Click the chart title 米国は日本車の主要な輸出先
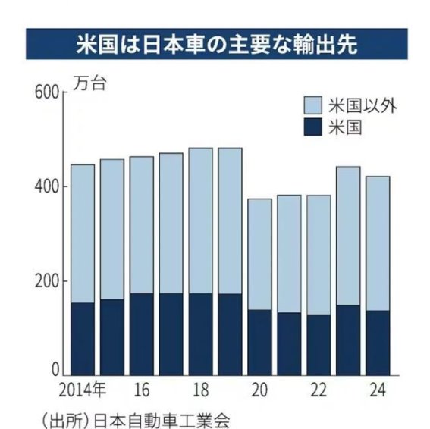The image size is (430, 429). (217, 45)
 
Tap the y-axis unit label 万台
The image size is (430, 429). (89, 84)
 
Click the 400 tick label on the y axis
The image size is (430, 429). (47, 186)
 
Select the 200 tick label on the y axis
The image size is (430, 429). (47, 281)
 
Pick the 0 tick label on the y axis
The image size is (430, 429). (55, 370)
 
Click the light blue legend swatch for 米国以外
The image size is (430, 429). (312, 105)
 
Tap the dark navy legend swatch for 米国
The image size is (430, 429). (312, 127)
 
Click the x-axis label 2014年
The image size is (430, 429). (82, 390)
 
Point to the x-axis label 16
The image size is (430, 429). (142, 390)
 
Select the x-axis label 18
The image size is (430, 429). (201, 390)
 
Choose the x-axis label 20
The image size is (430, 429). (259, 390)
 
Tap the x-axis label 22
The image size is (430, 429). (319, 390)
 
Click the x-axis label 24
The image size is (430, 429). (378, 390)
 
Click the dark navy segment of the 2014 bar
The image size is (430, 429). (83, 339)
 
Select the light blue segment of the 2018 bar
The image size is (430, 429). (200, 221)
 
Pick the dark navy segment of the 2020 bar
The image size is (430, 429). (259, 343)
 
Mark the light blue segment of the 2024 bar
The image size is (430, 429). (378, 243)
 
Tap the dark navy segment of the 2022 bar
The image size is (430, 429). (319, 345)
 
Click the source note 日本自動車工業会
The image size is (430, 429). (162, 421)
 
